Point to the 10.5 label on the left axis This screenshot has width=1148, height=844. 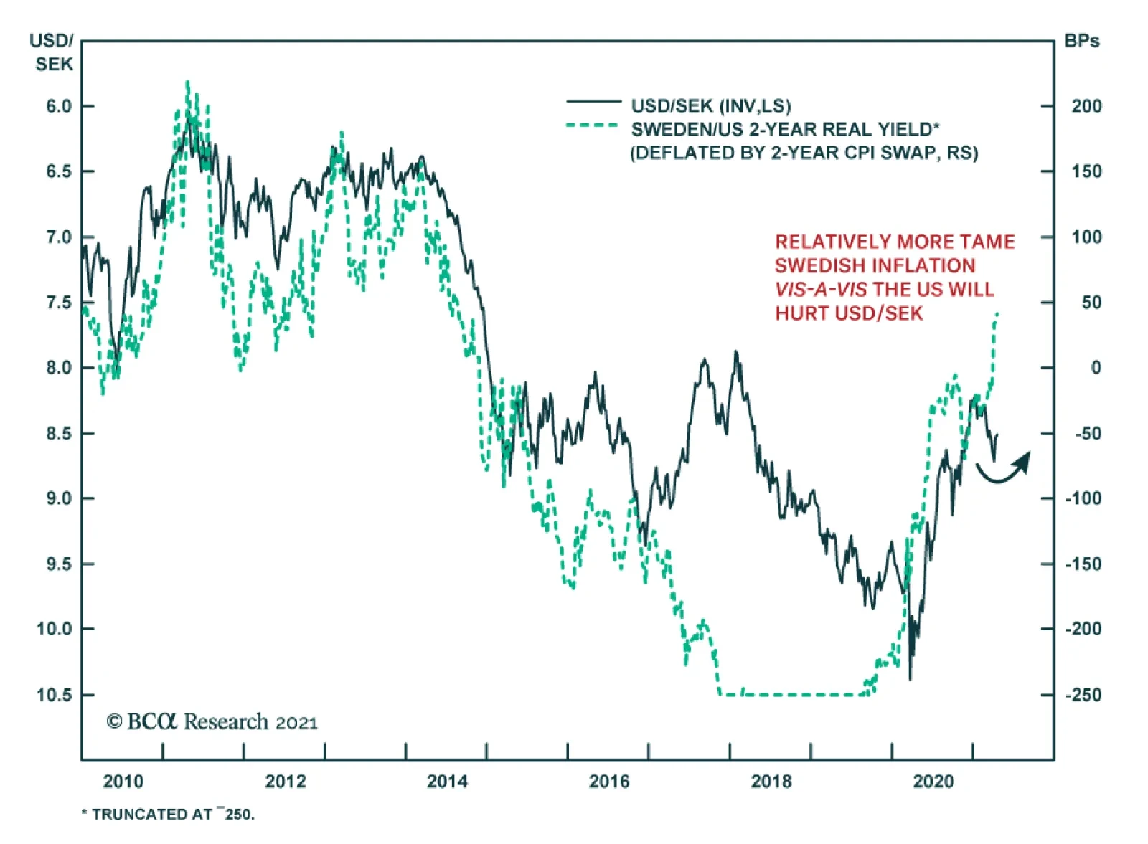click(55, 695)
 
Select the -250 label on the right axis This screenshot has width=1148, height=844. click(1083, 695)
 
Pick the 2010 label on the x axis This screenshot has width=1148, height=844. click(123, 781)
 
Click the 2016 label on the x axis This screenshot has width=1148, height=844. click(609, 781)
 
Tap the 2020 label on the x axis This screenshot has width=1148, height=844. click(933, 781)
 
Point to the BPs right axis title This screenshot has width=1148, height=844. click(1081, 41)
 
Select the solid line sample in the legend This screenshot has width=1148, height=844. click(593, 103)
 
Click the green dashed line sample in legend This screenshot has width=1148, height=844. click(593, 126)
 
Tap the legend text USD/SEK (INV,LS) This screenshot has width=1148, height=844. click(710, 106)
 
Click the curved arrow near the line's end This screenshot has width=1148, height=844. click(1004, 469)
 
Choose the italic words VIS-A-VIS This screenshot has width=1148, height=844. click(820, 290)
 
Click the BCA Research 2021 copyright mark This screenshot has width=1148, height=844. click(212, 721)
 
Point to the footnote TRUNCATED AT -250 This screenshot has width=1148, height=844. click(169, 814)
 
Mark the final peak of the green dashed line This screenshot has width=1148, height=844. click(997, 313)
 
